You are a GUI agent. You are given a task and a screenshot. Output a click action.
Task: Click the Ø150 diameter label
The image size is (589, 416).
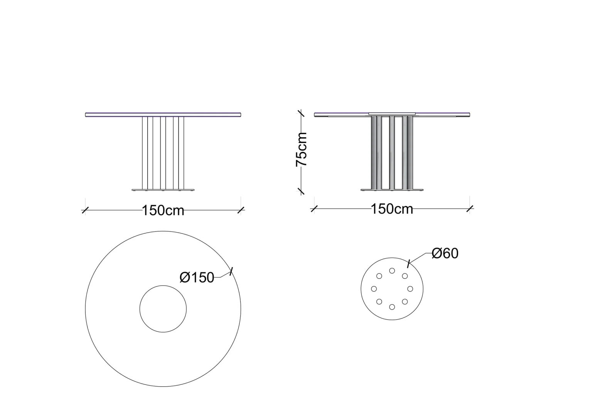tap(197, 277)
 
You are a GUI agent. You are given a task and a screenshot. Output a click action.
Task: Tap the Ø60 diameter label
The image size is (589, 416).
tap(445, 253)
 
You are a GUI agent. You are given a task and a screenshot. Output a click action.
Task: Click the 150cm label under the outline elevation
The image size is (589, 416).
tap(163, 210)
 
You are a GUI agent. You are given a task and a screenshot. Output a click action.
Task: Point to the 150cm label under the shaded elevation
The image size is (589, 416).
tap(392, 209)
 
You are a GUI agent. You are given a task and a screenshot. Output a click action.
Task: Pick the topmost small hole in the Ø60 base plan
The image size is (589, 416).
tap(392, 271)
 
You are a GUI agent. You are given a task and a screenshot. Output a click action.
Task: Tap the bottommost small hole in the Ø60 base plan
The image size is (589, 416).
tap(392, 307)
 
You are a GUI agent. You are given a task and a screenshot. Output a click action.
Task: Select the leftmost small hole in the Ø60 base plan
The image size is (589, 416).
tap(374, 289)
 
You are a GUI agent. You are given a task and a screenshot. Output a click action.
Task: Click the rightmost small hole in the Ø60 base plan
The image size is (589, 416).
tap(410, 289)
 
